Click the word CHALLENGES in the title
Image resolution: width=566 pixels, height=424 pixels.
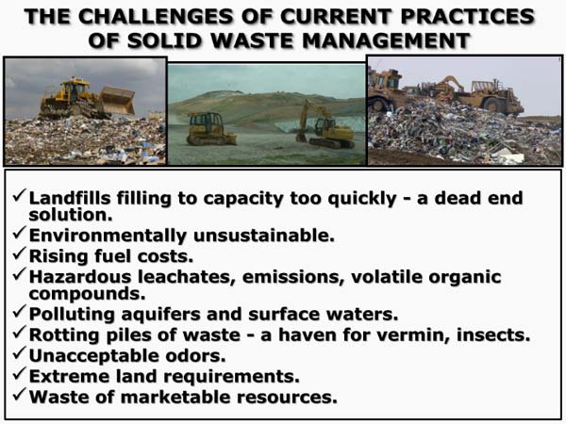(x=156, y=17)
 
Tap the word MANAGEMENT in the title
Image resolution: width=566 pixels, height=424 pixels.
(x=386, y=41)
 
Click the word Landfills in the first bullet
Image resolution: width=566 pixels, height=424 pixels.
(x=70, y=198)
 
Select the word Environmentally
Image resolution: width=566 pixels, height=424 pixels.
(x=108, y=236)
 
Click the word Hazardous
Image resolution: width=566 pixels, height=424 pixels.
(x=80, y=276)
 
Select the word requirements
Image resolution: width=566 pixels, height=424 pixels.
(x=231, y=377)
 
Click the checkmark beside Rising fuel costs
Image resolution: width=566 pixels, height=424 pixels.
(x=19, y=253)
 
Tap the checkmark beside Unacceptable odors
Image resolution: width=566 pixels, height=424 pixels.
(x=19, y=353)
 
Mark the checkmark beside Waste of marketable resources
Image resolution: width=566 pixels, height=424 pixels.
(x=19, y=394)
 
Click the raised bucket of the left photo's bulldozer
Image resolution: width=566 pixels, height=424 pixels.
(x=118, y=99)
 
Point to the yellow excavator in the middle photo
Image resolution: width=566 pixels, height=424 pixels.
(x=325, y=126)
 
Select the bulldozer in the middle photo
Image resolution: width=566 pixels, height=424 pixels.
(x=210, y=129)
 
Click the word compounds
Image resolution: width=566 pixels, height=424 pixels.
(x=87, y=294)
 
